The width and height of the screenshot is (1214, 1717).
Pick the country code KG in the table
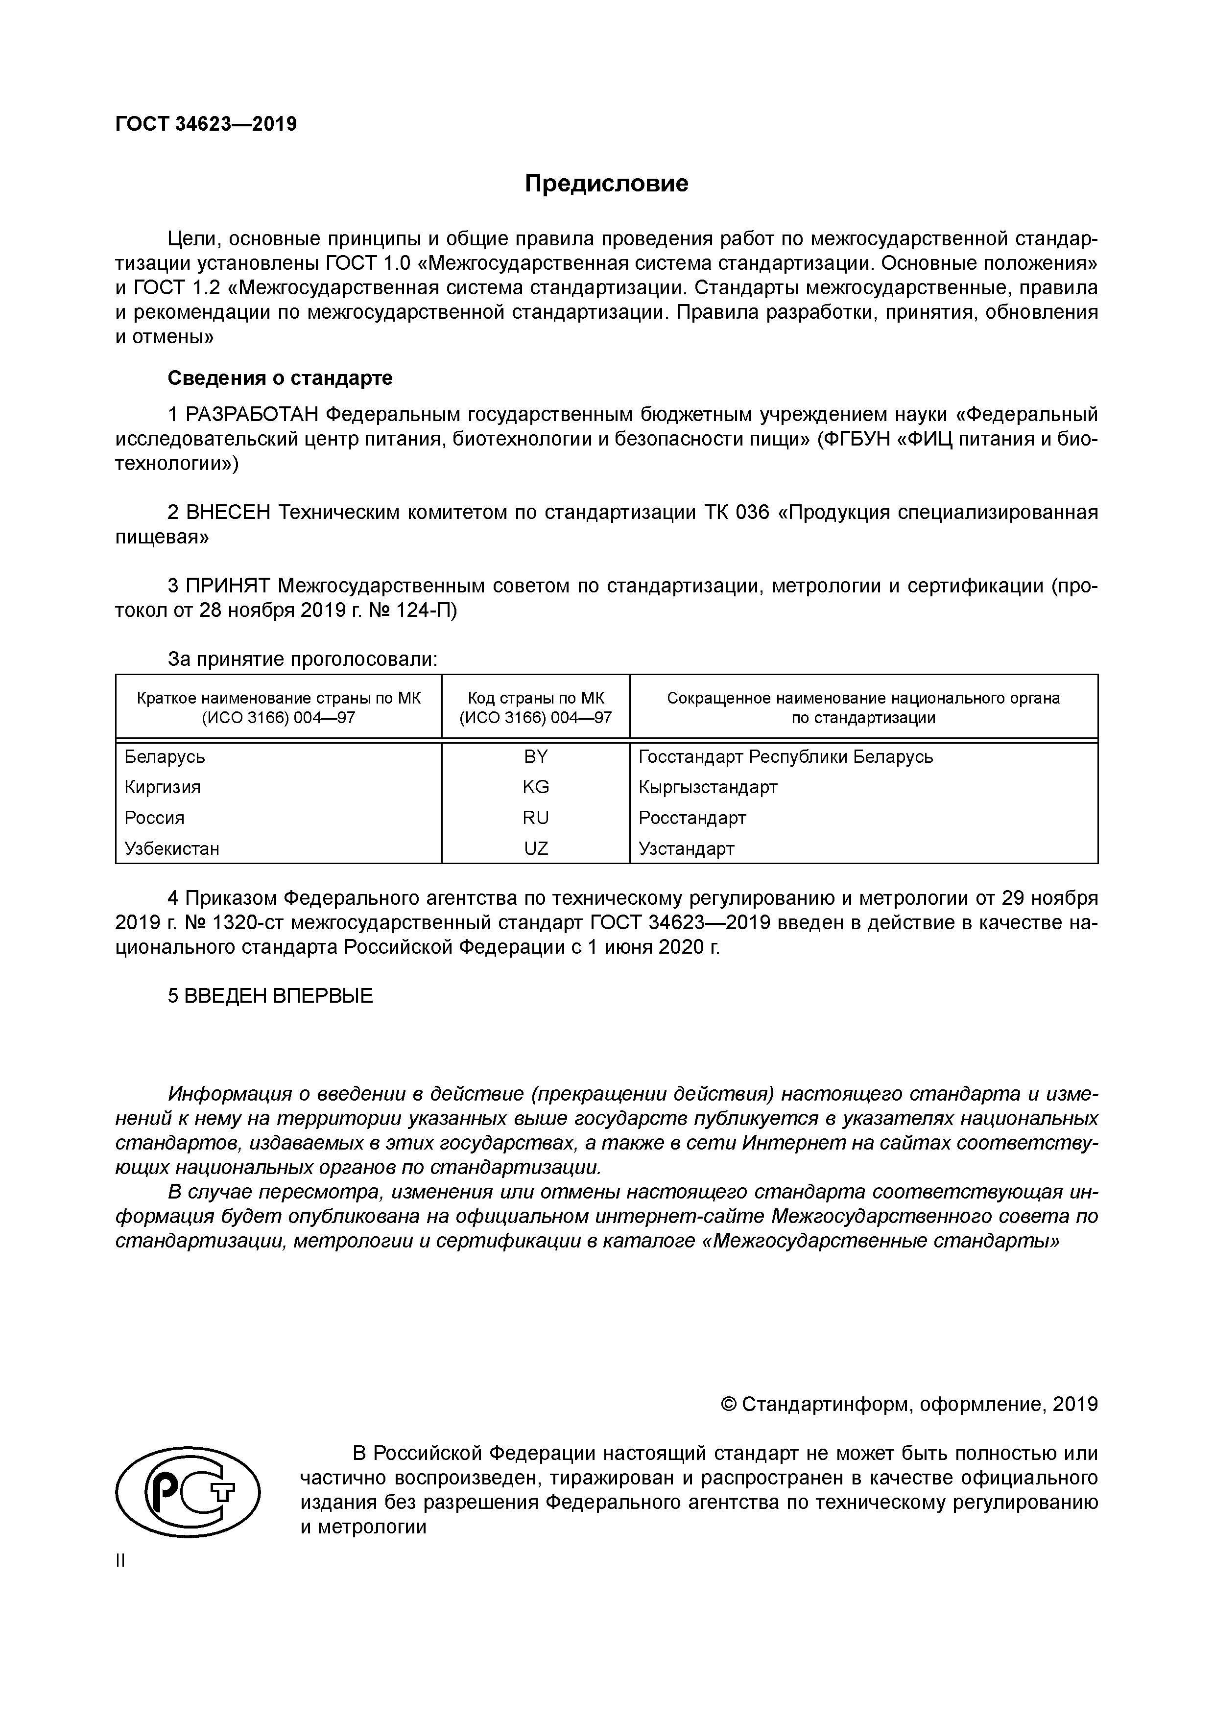536,787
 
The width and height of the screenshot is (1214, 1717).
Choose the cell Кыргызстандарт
708,787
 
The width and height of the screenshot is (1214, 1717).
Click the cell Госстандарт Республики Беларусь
786,757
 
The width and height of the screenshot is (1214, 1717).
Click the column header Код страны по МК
536,699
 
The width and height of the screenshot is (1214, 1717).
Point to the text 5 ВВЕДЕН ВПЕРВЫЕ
270,996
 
